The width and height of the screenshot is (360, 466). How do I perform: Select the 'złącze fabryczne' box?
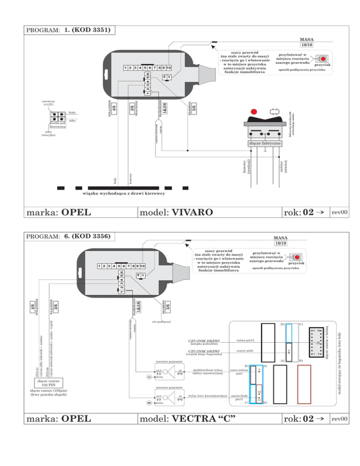(265, 143)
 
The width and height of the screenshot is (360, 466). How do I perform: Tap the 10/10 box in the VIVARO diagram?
(307, 45)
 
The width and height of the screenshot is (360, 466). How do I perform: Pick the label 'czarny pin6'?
(245, 351)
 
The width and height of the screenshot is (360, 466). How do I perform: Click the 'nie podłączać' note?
(162, 322)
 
